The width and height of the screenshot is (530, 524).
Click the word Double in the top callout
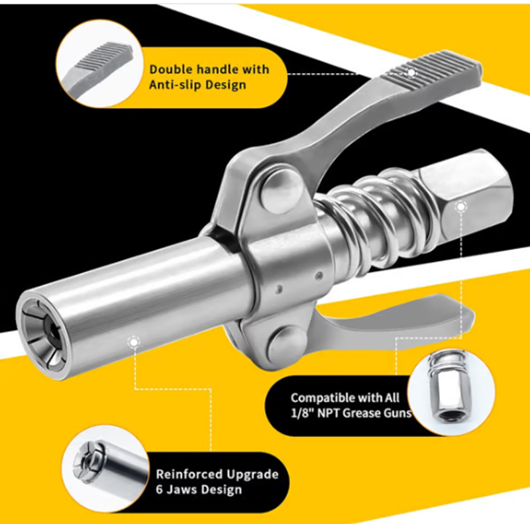coord(172,70)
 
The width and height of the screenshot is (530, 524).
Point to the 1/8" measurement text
coord(302,413)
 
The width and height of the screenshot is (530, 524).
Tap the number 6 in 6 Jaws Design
coord(159,490)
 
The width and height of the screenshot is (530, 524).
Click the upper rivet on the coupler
coord(280,191)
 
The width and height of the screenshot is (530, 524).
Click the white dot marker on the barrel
coord(134,342)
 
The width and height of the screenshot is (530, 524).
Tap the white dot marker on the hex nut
coord(460,207)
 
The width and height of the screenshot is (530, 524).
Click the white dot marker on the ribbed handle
coord(411,72)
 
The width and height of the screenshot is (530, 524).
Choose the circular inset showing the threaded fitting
coord(451,392)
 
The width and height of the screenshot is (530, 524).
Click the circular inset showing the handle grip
coord(100,64)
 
